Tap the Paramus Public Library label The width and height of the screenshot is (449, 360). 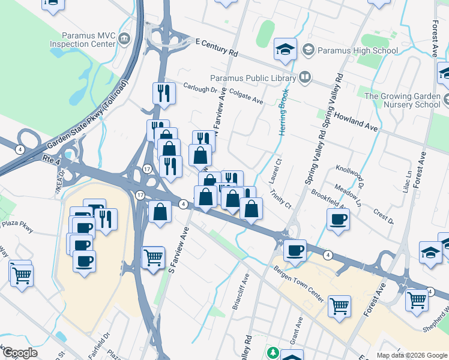(253, 77)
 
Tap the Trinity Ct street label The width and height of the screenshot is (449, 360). (280, 199)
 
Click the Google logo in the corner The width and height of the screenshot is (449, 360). (19, 352)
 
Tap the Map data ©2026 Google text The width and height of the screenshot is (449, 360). (412, 355)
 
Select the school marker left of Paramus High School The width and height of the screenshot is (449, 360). (285, 49)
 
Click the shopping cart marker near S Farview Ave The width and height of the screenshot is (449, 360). (153, 257)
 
